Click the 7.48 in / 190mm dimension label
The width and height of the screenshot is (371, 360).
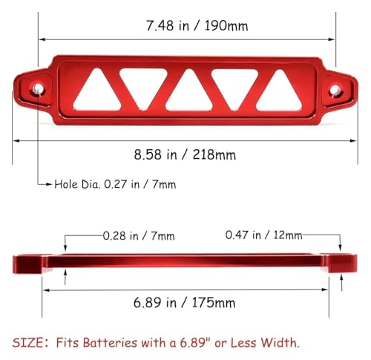click(x=197, y=26)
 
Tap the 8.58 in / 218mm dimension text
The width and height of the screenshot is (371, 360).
click(x=185, y=154)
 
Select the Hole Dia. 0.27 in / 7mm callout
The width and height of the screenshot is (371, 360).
click(x=115, y=184)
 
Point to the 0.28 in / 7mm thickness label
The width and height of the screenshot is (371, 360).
click(x=139, y=236)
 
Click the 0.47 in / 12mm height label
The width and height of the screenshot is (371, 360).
click(x=263, y=235)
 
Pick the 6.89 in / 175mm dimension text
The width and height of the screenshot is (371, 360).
click(x=184, y=302)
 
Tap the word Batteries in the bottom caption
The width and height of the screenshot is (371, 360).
click(x=110, y=343)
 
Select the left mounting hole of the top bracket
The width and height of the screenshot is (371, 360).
click(x=38, y=88)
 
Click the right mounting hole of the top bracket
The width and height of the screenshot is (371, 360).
click(x=335, y=90)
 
